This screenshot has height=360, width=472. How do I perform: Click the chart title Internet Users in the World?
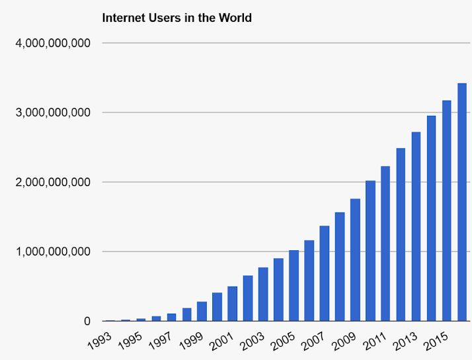pos(177,18)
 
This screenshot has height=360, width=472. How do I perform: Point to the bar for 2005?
pos(294,285)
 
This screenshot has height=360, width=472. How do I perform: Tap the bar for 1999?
pos(202,311)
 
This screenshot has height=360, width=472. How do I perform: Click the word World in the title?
pos(236,18)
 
